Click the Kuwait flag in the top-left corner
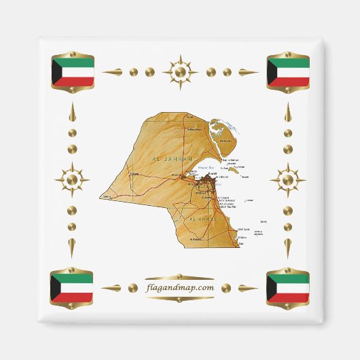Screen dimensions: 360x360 click(x=72, y=72)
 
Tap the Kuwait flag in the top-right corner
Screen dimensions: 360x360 click(x=288, y=72)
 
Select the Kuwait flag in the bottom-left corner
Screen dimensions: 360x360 click(x=72, y=288)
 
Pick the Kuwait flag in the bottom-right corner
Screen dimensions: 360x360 click(x=288, y=288)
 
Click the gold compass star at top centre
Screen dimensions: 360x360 click(x=180, y=71)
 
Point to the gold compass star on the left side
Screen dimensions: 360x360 click(x=72, y=180)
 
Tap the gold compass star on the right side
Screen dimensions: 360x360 click(x=288, y=180)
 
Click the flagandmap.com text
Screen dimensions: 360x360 click(x=180, y=287)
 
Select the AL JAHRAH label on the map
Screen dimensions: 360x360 click(x=173, y=158)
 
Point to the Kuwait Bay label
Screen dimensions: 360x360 click(x=205, y=167)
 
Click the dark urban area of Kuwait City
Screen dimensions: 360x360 click(x=207, y=182)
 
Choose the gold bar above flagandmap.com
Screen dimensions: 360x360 click(x=180, y=277)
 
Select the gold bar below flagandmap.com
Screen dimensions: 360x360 click(x=180, y=299)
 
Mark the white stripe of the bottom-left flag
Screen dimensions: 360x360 click(x=75, y=288)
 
